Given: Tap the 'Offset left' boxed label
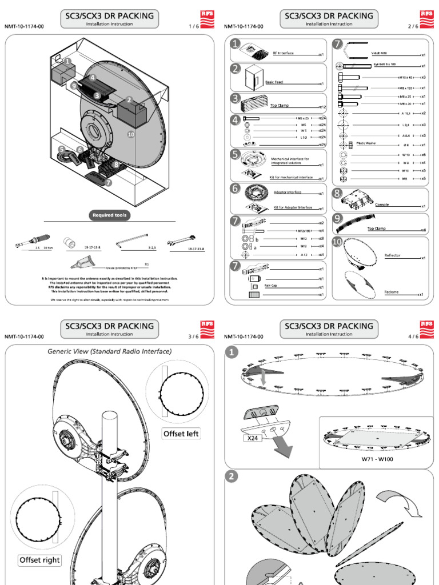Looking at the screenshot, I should tap(181, 434).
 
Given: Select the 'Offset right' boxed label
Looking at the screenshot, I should tap(40, 560).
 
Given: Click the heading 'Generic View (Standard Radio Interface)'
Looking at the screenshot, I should tap(110, 351).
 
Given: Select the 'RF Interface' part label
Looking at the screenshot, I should tap(283, 53).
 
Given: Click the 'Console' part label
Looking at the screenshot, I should tap(382, 204).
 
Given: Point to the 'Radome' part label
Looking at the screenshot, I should tap(392, 292).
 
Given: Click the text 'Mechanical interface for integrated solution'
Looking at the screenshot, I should tap(290, 161).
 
